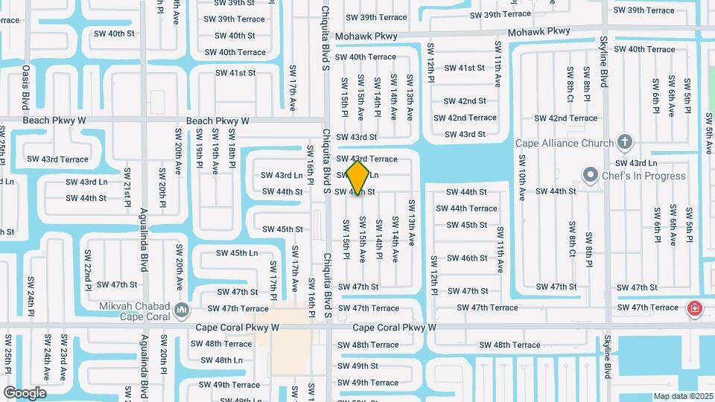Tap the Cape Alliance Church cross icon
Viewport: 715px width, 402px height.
click(625, 142)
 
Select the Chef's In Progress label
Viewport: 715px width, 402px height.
click(645, 176)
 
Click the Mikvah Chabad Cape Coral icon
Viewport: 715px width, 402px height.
click(181, 308)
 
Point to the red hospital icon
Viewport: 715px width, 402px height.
click(694, 307)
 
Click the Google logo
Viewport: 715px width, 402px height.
click(25, 392)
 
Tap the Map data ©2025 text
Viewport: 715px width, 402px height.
click(683, 396)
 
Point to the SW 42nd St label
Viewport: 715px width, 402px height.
click(465, 101)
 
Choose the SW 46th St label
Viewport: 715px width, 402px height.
click(467, 258)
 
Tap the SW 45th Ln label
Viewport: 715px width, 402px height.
click(237, 253)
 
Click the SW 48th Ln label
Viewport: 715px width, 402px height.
click(222, 360)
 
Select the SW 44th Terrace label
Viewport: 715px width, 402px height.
click(472, 208)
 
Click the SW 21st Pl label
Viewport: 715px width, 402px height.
click(127, 194)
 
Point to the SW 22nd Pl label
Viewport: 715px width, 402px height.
click(87, 276)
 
